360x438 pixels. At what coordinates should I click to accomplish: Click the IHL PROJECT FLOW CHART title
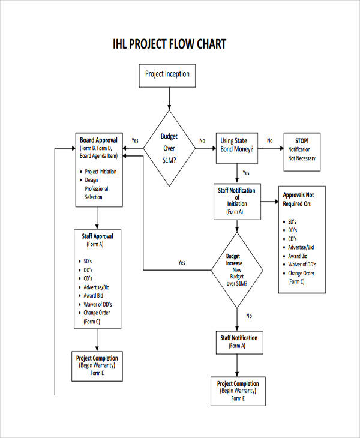coord(170,45)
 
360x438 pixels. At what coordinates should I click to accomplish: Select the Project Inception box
coord(167,74)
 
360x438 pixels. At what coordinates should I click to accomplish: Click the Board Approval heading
coord(100,140)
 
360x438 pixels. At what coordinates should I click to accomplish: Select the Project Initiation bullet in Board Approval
coord(100,172)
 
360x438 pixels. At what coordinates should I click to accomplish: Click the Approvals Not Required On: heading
coord(302,199)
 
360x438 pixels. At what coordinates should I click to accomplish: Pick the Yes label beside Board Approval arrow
coord(135,141)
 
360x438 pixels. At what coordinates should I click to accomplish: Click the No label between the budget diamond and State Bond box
coord(202,141)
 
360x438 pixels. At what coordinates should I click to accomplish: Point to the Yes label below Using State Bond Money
coord(246,173)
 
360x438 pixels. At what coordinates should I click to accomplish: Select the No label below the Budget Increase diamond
coord(249,316)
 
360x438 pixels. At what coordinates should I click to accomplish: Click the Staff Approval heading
coord(97,236)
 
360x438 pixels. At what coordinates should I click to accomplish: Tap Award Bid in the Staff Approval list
coord(93,296)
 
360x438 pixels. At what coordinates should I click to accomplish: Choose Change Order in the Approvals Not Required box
coord(301,274)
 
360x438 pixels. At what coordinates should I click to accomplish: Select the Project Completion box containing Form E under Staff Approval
coord(97,365)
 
